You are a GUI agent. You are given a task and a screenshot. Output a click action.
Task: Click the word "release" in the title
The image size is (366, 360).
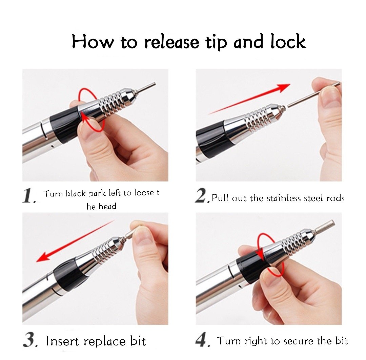point(171,42)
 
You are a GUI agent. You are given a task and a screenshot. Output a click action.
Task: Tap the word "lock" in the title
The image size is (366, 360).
point(288,41)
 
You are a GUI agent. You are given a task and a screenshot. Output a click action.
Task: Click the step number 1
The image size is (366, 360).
point(29,196)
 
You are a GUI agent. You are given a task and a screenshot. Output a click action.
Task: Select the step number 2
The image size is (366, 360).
point(202,195)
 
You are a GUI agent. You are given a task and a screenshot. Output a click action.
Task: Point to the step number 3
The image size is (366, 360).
point(30,340)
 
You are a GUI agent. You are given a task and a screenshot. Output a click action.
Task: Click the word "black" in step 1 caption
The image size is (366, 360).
point(76,193)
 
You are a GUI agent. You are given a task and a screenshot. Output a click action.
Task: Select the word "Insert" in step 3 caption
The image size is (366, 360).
point(63,341)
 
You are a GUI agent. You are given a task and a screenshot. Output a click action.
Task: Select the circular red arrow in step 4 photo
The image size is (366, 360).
point(270,255)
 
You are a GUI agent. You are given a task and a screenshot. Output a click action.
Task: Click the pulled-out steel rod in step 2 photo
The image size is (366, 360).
point(313,94)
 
